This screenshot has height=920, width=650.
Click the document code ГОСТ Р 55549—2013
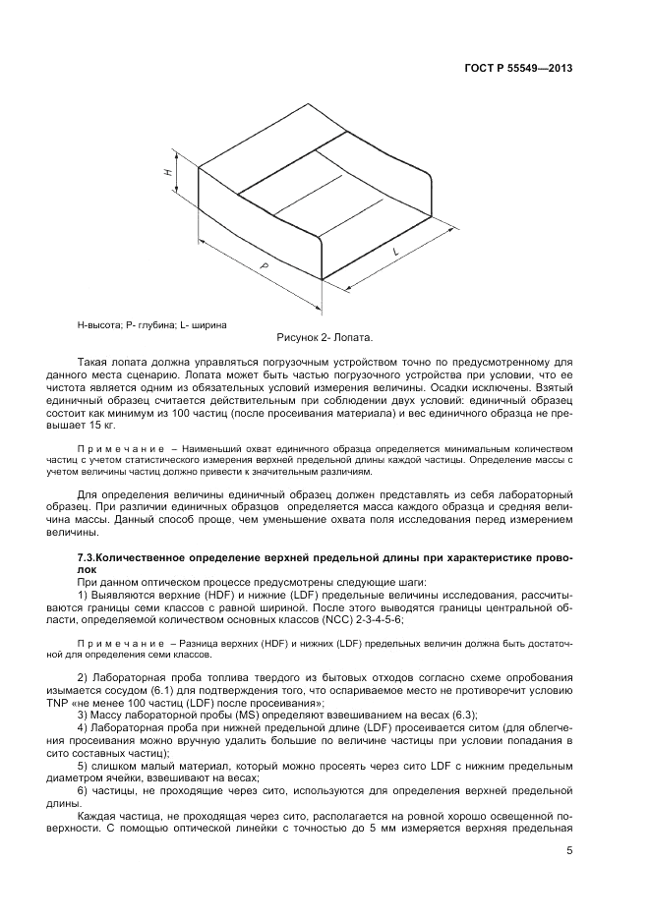[517, 69]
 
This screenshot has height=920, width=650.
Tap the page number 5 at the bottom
[569, 853]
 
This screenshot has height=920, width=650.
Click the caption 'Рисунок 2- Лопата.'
[325, 337]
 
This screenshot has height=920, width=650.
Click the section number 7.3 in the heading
[88, 557]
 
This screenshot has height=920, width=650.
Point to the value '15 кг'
[101, 426]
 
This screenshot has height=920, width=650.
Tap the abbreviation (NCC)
[322, 619]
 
